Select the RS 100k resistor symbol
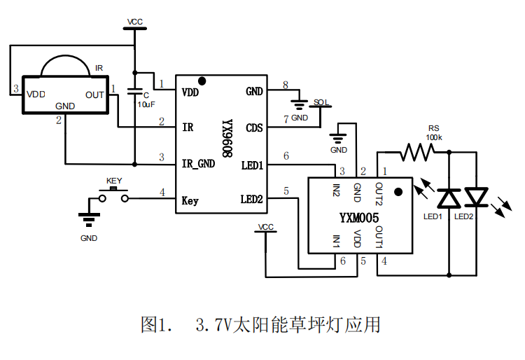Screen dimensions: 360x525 click(x=418, y=151)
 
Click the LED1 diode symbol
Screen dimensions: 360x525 click(x=447, y=198)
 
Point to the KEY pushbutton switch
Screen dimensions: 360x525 click(x=113, y=198)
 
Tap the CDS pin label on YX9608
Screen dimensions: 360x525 click(x=254, y=127)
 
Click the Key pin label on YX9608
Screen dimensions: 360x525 click(x=190, y=200)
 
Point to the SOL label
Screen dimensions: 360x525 click(x=321, y=102)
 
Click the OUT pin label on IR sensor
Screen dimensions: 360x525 click(x=94, y=95)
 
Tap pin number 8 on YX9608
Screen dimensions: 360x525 click(x=285, y=85)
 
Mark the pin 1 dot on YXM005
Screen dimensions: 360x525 click(x=398, y=191)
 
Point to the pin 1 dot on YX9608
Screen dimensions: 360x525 click(x=202, y=81)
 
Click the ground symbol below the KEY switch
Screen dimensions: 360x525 click(x=88, y=220)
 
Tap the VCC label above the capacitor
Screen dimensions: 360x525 click(x=135, y=22)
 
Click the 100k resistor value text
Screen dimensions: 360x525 click(x=435, y=138)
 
